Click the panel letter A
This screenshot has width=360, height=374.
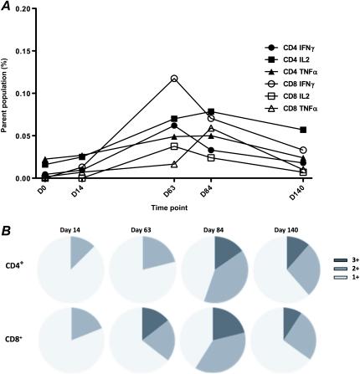pyautogui.click(x=8, y=8)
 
